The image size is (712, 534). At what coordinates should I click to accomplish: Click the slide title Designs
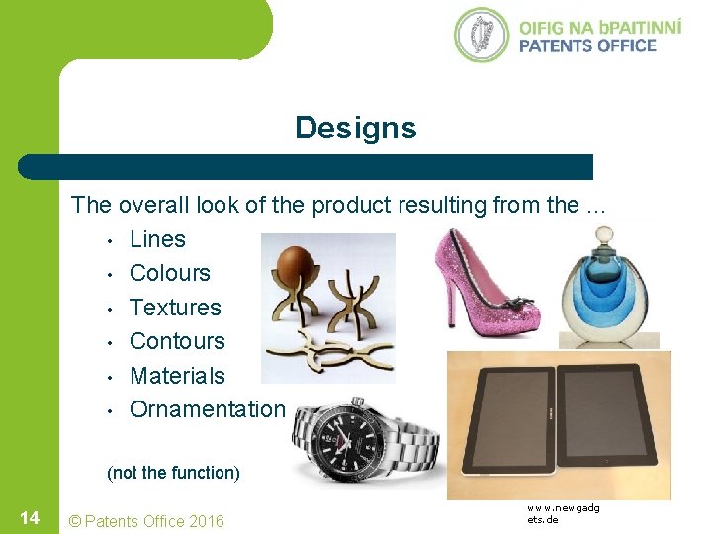coord(355,129)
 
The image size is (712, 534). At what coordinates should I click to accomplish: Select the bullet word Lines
coord(157,239)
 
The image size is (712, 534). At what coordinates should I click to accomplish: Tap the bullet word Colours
coord(169,273)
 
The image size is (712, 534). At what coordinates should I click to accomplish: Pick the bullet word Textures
coord(175,308)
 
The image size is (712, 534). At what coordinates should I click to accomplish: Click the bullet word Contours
coord(177,341)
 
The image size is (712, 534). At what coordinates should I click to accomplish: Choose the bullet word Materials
coord(177,376)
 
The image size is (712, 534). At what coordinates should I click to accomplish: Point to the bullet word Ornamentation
coord(208,409)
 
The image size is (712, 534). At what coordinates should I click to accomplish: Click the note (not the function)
coord(173,473)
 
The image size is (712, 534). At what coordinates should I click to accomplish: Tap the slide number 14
coord(29,519)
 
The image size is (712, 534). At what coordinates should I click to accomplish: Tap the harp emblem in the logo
coord(481,36)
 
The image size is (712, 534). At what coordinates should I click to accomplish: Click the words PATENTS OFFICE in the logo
coord(587,45)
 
